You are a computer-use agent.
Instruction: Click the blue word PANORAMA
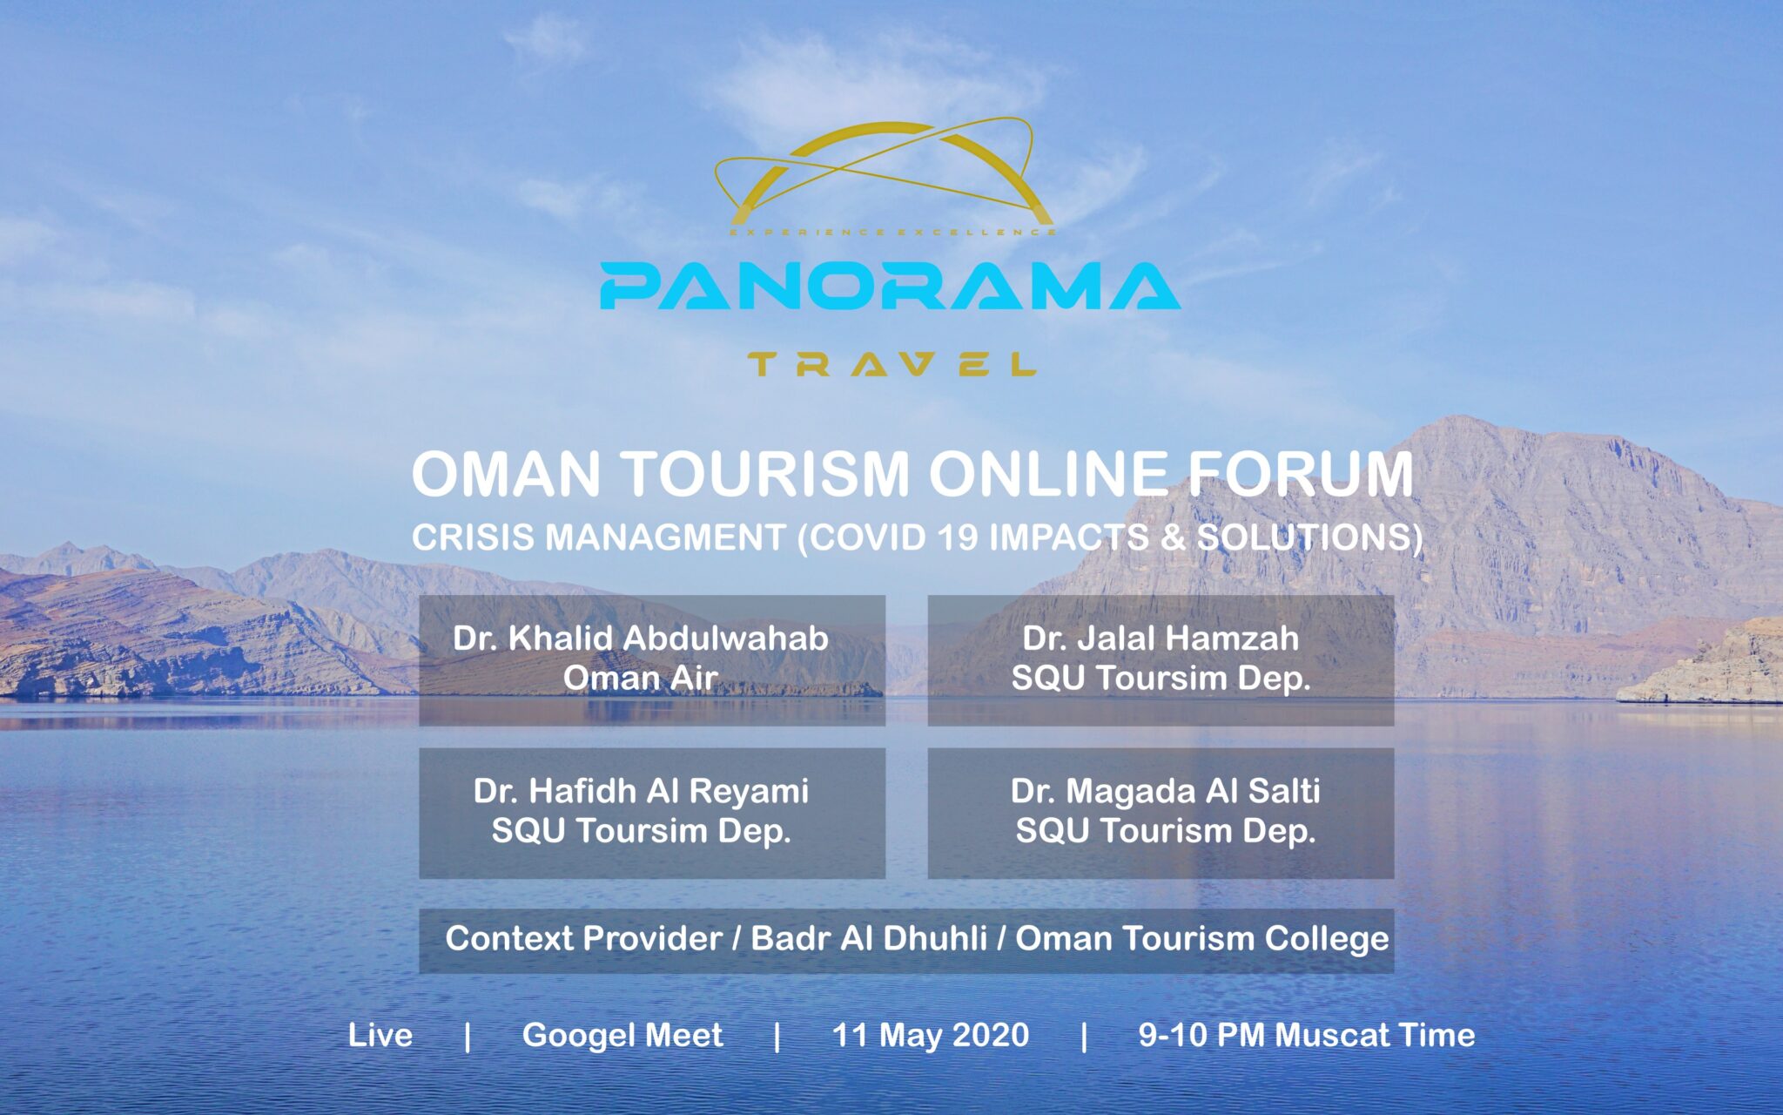tap(890, 287)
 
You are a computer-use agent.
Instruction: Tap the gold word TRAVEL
tap(891, 364)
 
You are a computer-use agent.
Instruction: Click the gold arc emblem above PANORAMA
tap(884, 174)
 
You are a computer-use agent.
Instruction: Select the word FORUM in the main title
tap(1301, 475)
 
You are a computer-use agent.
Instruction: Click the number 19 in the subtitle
tap(959, 537)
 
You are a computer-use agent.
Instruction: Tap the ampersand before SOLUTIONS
tap(1173, 537)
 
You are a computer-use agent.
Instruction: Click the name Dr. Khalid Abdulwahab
tap(640, 639)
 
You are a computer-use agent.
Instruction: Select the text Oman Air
tap(640, 678)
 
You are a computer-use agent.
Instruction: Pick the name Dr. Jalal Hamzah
tap(1161, 639)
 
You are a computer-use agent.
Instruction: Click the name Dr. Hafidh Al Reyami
tap(641, 791)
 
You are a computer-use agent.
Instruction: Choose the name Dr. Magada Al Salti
tap(1165, 791)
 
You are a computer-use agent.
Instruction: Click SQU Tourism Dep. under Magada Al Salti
tap(1165, 831)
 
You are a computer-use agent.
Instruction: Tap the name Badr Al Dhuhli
tap(868, 939)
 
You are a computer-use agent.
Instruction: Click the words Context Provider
tap(583, 939)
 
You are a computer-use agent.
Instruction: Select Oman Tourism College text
tap(1202, 939)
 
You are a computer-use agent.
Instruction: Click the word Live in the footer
tap(380, 1035)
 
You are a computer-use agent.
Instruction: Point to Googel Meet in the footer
tap(622, 1035)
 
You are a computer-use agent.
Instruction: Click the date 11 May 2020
tap(931, 1035)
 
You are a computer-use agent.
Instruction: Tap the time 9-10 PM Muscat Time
tap(1307, 1035)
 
